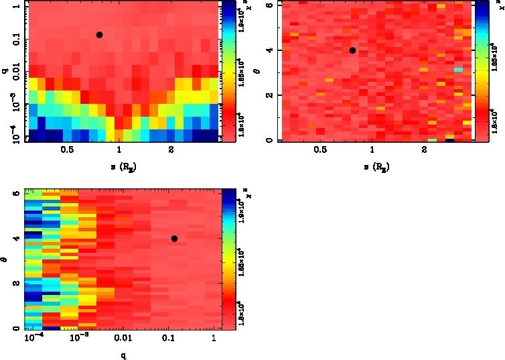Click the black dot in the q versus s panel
pyautogui.click(x=99, y=35)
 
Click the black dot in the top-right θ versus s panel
pyautogui.click(x=352, y=50)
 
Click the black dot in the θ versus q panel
pyautogui.click(x=174, y=239)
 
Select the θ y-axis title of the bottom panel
pyautogui.click(x=5, y=257)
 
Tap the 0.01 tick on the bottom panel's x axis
pyautogui.click(x=121, y=338)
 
